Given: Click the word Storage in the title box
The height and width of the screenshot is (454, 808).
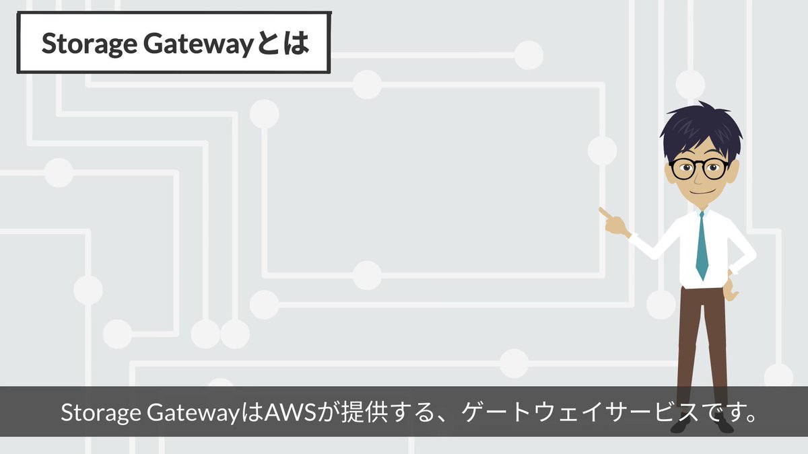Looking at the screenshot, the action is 90,44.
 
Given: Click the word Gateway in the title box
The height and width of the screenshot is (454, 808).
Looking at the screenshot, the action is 198,44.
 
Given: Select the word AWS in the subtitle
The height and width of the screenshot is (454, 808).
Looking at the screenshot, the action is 290,412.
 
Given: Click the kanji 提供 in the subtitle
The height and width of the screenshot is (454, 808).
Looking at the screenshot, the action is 365,412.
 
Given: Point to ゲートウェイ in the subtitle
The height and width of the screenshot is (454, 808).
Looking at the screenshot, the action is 534,412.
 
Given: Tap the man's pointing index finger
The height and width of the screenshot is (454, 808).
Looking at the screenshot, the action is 606,213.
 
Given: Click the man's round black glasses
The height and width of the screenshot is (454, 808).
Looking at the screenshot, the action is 698,169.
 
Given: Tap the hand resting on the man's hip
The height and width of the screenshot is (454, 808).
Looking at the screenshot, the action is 731,287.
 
